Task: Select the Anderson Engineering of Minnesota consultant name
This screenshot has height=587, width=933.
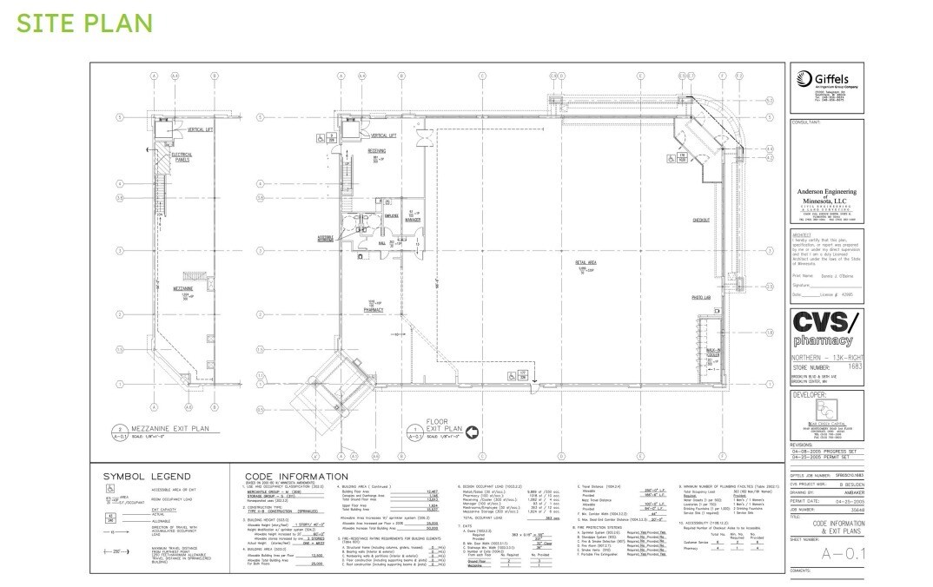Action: (x=826, y=195)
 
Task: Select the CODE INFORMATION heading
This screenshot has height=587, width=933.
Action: (x=296, y=477)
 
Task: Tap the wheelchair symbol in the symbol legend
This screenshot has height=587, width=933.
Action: (x=112, y=489)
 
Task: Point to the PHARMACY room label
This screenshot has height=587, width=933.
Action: (x=374, y=309)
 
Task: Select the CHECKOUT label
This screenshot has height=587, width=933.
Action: (x=702, y=220)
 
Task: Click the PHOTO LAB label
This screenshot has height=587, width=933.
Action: (x=702, y=298)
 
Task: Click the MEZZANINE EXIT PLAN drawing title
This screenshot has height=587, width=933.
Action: (x=172, y=429)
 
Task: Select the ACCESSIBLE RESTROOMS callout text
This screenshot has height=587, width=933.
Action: (x=326, y=237)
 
